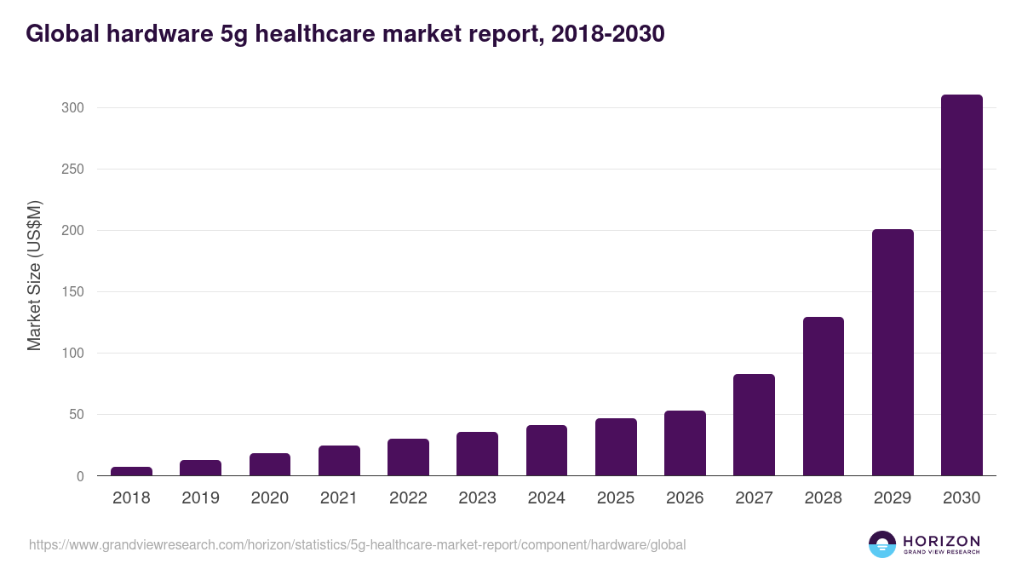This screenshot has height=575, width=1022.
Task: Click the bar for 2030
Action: point(962,285)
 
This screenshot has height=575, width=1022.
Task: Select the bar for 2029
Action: point(893,353)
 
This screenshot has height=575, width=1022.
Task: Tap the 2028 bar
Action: point(823,396)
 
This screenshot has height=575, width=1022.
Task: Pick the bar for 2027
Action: point(754,425)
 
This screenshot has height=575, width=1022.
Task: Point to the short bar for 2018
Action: point(131,471)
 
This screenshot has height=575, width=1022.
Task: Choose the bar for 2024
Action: point(546,451)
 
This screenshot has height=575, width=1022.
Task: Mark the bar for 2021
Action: point(339,461)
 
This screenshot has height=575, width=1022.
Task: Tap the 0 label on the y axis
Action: point(80,476)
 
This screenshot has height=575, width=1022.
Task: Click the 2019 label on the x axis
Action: point(200,498)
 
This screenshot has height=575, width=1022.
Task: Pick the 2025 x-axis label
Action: point(615,498)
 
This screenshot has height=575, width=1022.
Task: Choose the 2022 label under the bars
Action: point(408,498)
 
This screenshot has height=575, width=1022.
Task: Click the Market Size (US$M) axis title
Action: point(34,275)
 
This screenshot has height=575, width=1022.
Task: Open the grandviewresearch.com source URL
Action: point(357,544)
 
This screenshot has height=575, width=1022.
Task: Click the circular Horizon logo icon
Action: point(882,544)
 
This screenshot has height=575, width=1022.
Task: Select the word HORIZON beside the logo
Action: point(941,541)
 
